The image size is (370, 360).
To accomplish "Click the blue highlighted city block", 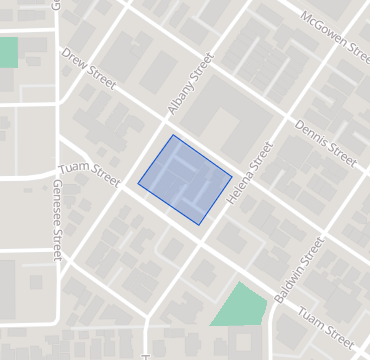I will coord(185,180).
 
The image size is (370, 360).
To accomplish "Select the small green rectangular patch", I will coord(8,52).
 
